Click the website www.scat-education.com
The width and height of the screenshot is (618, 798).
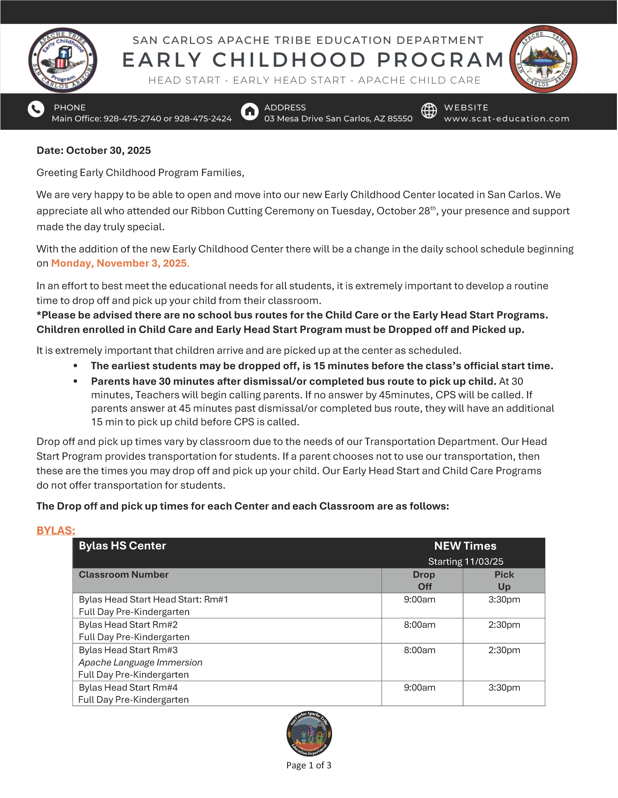pyautogui.click(x=506, y=119)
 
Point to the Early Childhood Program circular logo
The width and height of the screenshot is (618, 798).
pyautogui.click(x=63, y=60)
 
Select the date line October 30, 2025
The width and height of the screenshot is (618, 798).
pyautogui.click(x=94, y=151)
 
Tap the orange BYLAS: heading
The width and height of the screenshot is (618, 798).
pyautogui.click(x=56, y=531)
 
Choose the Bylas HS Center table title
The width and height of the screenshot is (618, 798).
pyautogui.click(x=122, y=546)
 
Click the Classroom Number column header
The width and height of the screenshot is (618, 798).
pyautogui.click(x=123, y=575)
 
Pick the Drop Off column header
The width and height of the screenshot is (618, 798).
pyautogui.click(x=424, y=581)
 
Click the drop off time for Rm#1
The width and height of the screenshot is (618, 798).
pyautogui.click(x=420, y=600)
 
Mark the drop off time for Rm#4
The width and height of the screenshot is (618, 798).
pyautogui.click(x=420, y=688)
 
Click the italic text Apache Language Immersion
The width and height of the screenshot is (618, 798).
pyautogui.click(x=140, y=662)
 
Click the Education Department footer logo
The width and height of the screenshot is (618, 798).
pyautogui.click(x=309, y=734)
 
